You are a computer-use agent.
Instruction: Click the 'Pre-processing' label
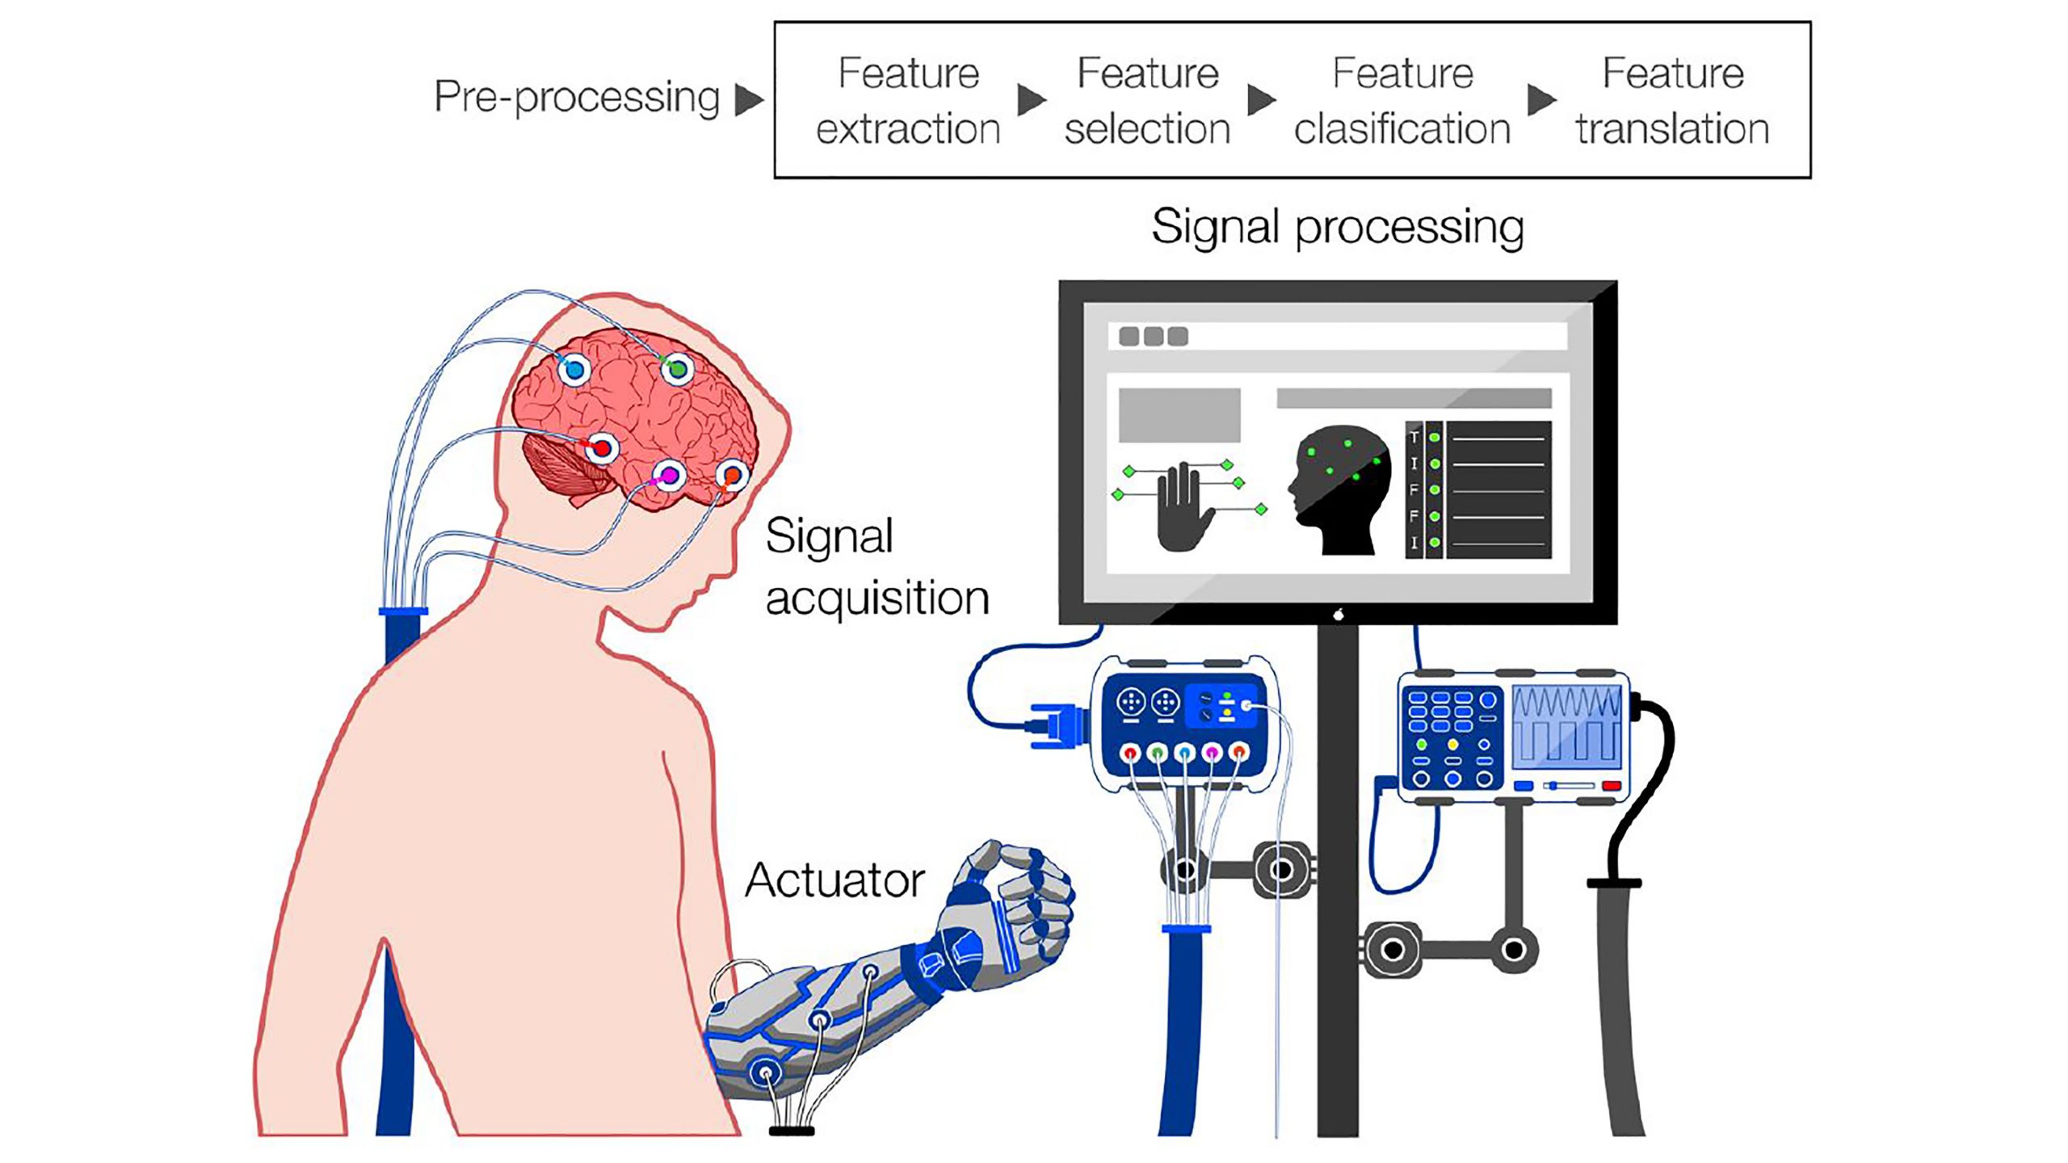(x=576, y=98)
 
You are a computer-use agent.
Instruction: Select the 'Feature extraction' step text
(x=908, y=100)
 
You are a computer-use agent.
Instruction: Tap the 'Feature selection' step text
(x=1147, y=100)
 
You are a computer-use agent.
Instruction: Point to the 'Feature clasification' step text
(x=1402, y=100)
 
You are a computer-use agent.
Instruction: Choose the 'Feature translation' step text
(x=1672, y=100)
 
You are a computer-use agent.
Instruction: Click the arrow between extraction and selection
(x=1031, y=100)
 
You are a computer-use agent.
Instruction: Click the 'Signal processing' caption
(x=1337, y=227)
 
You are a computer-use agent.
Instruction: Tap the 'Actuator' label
(x=834, y=880)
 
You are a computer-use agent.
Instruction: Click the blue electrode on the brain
(x=574, y=371)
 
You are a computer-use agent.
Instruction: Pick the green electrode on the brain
(x=677, y=369)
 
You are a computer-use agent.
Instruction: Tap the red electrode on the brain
(x=602, y=447)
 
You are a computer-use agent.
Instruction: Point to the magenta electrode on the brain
(x=670, y=475)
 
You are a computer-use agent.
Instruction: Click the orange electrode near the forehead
(x=732, y=475)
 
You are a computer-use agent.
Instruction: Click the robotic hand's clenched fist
(x=1026, y=896)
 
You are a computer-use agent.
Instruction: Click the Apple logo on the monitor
(x=1339, y=615)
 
